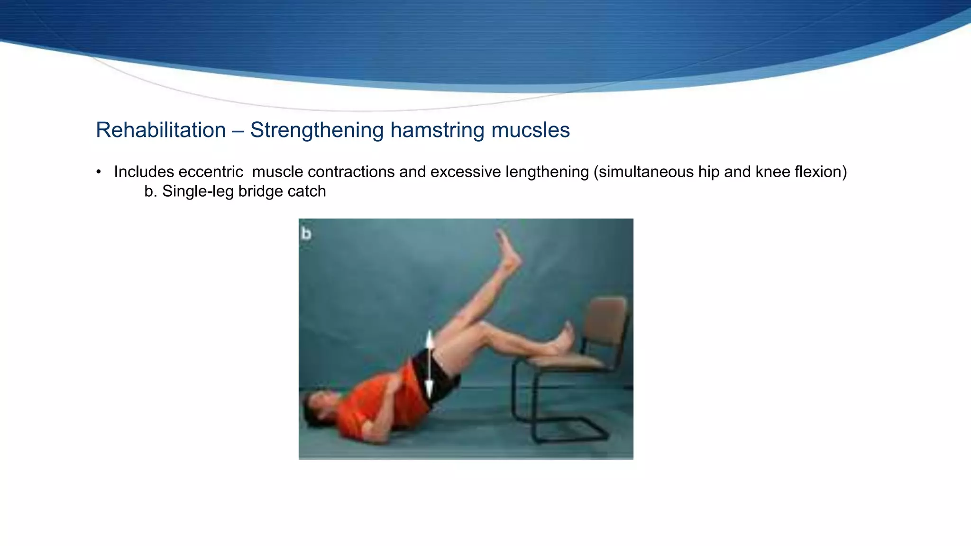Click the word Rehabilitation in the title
click(x=161, y=130)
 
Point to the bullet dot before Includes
click(x=99, y=172)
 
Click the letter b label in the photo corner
click(x=306, y=234)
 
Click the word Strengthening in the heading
click(x=316, y=130)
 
